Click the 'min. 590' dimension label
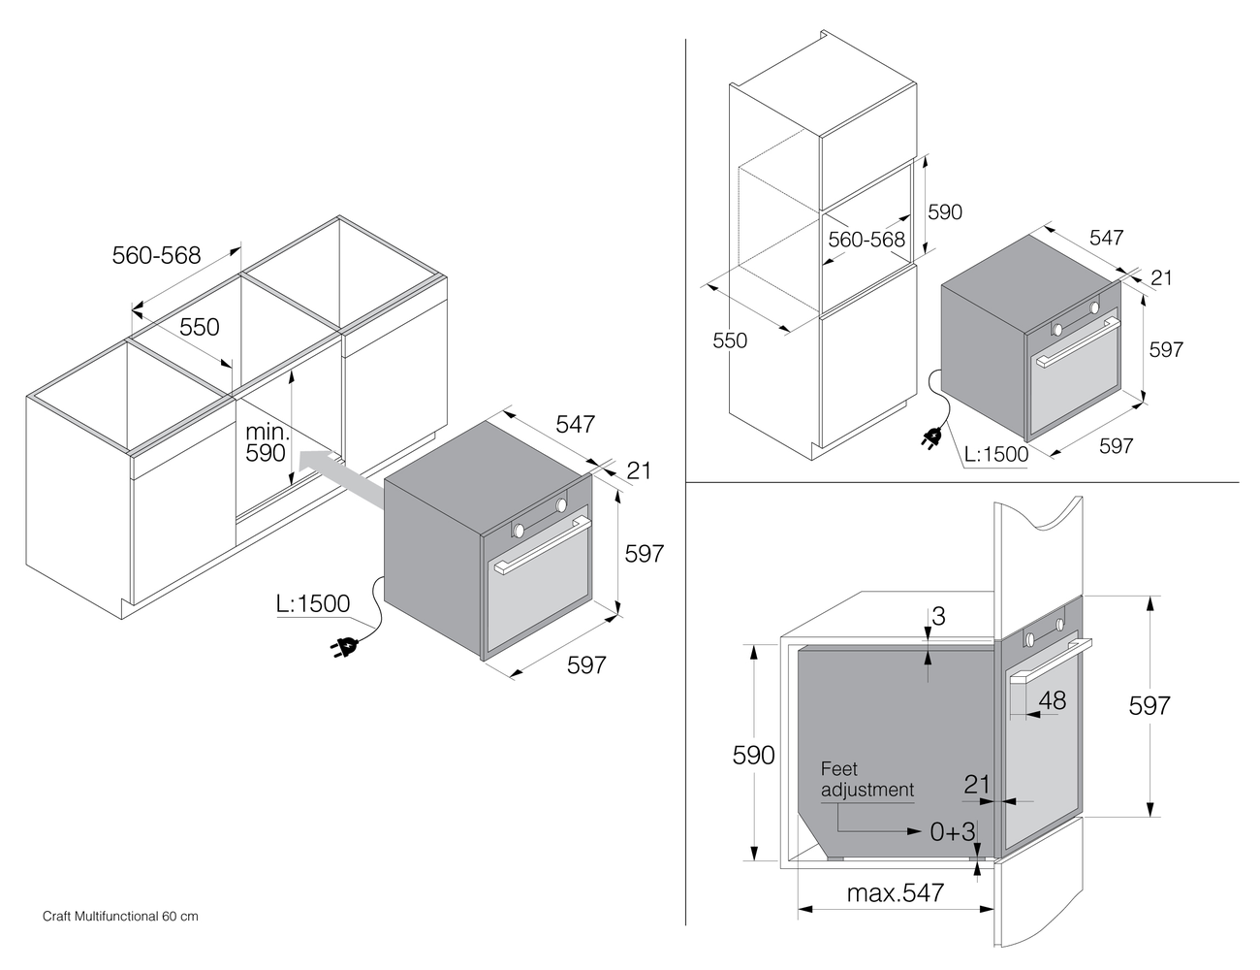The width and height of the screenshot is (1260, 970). [x=266, y=441]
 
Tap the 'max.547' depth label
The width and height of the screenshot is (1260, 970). [x=895, y=893]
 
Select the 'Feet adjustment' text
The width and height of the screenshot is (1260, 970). [x=867, y=780]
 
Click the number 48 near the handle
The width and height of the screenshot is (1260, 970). [x=1052, y=700]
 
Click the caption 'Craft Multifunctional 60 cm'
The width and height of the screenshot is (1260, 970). [x=120, y=917]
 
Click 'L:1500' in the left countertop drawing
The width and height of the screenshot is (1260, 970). [x=312, y=603]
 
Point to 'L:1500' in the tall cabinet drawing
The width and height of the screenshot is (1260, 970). [x=996, y=454]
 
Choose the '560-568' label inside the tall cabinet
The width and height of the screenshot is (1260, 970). [x=866, y=240]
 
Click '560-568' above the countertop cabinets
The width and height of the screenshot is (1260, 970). [x=156, y=255]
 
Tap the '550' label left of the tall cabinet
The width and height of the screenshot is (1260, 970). [x=730, y=340]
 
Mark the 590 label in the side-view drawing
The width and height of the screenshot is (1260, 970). [x=753, y=755]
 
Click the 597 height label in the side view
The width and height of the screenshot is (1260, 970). [x=1150, y=705]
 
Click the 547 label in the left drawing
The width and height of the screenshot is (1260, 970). [x=575, y=424]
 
